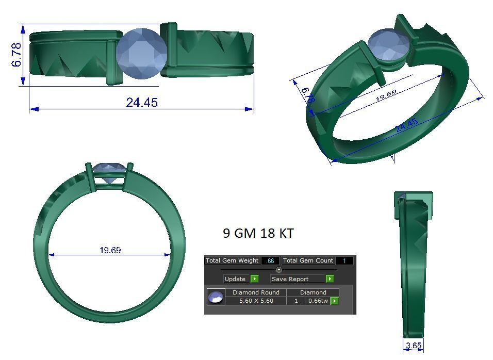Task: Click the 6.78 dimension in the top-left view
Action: point(17,55)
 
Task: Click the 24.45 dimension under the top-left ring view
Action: point(142,102)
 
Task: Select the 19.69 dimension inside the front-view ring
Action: point(110,250)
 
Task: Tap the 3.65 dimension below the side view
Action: point(414,346)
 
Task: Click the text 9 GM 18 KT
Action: point(258,233)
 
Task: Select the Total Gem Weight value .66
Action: point(270,261)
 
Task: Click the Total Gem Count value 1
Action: point(344,261)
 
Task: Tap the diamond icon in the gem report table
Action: point(216,297)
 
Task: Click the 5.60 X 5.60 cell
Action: point(256,301)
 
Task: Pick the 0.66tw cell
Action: point(317,301)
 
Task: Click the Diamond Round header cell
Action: point(256,292)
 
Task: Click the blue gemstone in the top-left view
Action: point(141,54)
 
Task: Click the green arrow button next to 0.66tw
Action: point(335,301)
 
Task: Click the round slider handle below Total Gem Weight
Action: point(279,270)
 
